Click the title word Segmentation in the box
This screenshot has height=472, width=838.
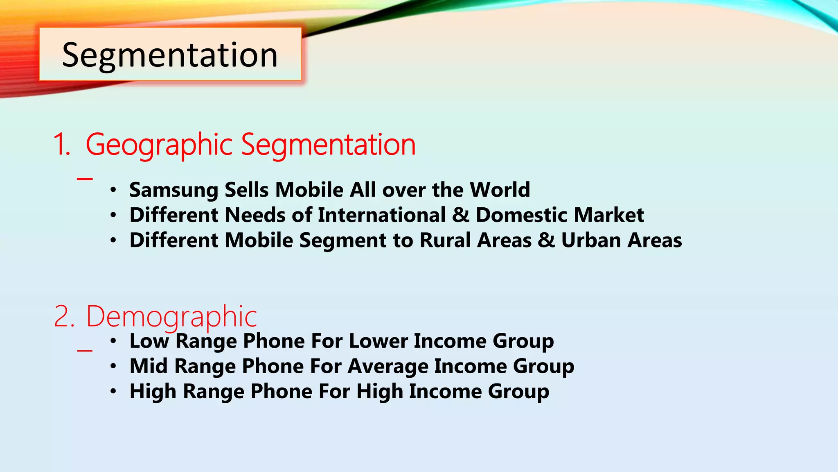pyautogui.click(x=170, y=55)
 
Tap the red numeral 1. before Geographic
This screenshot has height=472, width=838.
pyautogui.click(x=62, y=145)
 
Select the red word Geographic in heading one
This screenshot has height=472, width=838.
pyautogui.click(x=159, y=145)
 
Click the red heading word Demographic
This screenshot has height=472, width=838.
pyautogui.click(x=171, y=316)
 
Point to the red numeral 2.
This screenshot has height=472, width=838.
pyautogui.click(x=64, y=317)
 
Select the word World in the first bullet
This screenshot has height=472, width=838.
pyautogui.click(x=500, y=190)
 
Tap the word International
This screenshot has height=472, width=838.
pyautogui.click(x=381, y=215)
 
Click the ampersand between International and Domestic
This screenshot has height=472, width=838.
pyautogui.click(x=461, y=215)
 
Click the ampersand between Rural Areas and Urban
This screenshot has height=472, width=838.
pyautogui.click(x=546, y=240)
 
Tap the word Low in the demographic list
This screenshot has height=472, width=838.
pyautogui.click(x=149, y=341)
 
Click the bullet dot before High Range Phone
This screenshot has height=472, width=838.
pyautogui.click(x=113, y=392)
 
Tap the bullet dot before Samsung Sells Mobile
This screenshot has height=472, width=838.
pyautogui.click(x=113, y=190)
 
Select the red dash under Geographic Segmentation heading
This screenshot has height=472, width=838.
pyautogui.click(x=85, y=179)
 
